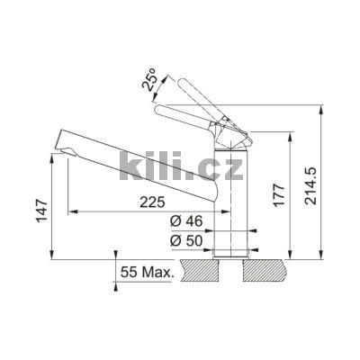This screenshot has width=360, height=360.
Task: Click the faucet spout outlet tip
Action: tap(65, 143)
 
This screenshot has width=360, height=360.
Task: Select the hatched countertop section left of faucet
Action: tap(197, 269)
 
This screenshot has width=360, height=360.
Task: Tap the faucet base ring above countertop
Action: tap(230, 253)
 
